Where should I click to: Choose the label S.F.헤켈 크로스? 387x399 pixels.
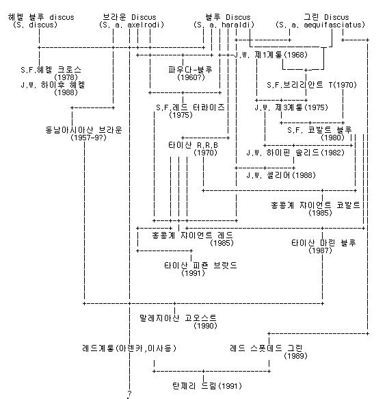click(x=51, y=69)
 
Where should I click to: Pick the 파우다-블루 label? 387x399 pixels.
click(x=191, y=69)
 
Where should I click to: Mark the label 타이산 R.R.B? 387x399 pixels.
click(x=193, y=145)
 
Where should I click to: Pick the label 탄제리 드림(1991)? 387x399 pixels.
click(x=196, y=386)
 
